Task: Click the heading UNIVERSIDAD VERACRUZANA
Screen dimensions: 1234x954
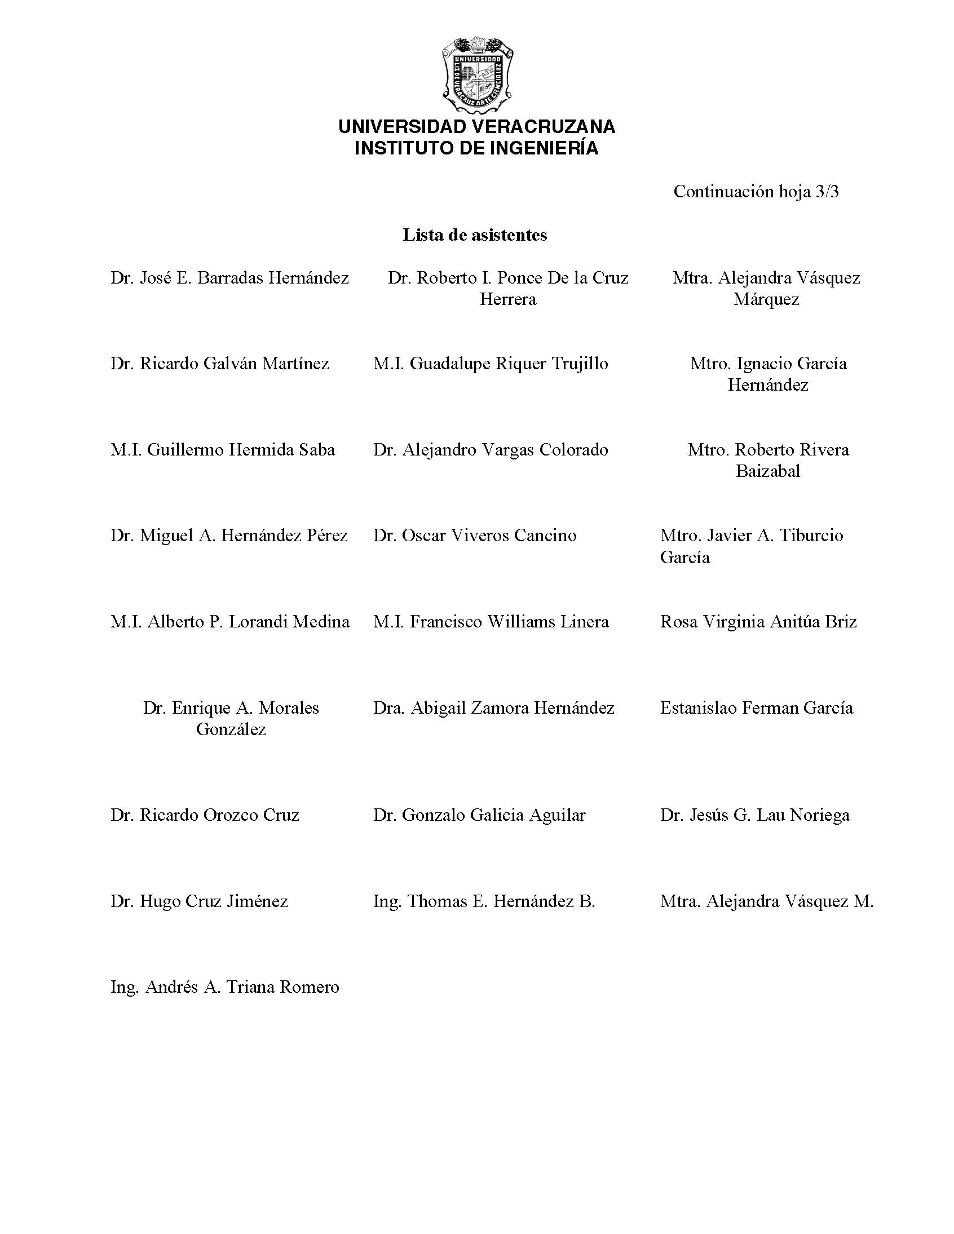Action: pos(476,127)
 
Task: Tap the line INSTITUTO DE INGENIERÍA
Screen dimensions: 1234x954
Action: pos(476,148)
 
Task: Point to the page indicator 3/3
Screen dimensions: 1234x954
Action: pos(827,192)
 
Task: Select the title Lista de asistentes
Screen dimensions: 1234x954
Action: pos(475,235)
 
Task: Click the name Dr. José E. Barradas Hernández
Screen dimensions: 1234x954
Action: pos(229,278)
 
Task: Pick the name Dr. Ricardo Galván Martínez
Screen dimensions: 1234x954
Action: pos(220,363)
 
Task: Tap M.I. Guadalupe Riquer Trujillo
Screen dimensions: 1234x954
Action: pos(491,363)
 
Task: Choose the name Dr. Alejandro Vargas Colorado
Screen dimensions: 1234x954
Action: pos(491,450)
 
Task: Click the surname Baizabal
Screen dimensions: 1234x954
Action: pos(767,471)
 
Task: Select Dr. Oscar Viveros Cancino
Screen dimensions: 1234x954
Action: pos(475,536)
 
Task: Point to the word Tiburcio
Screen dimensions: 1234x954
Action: pos(811,536)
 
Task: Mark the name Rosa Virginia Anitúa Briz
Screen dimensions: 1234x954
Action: pos(758,622)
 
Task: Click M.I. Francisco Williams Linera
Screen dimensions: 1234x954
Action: pos(491,622)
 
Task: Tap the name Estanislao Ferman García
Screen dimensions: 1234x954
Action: pos(756,708)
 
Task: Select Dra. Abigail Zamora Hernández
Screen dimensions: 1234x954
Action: pos(493,708)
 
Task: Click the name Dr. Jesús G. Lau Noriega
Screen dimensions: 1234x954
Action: pos(754,815)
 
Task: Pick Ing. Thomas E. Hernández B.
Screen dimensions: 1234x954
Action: pos(484,901)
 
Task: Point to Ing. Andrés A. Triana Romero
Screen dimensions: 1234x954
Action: pos(225,987)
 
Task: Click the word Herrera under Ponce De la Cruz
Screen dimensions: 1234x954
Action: pos(507,299)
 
